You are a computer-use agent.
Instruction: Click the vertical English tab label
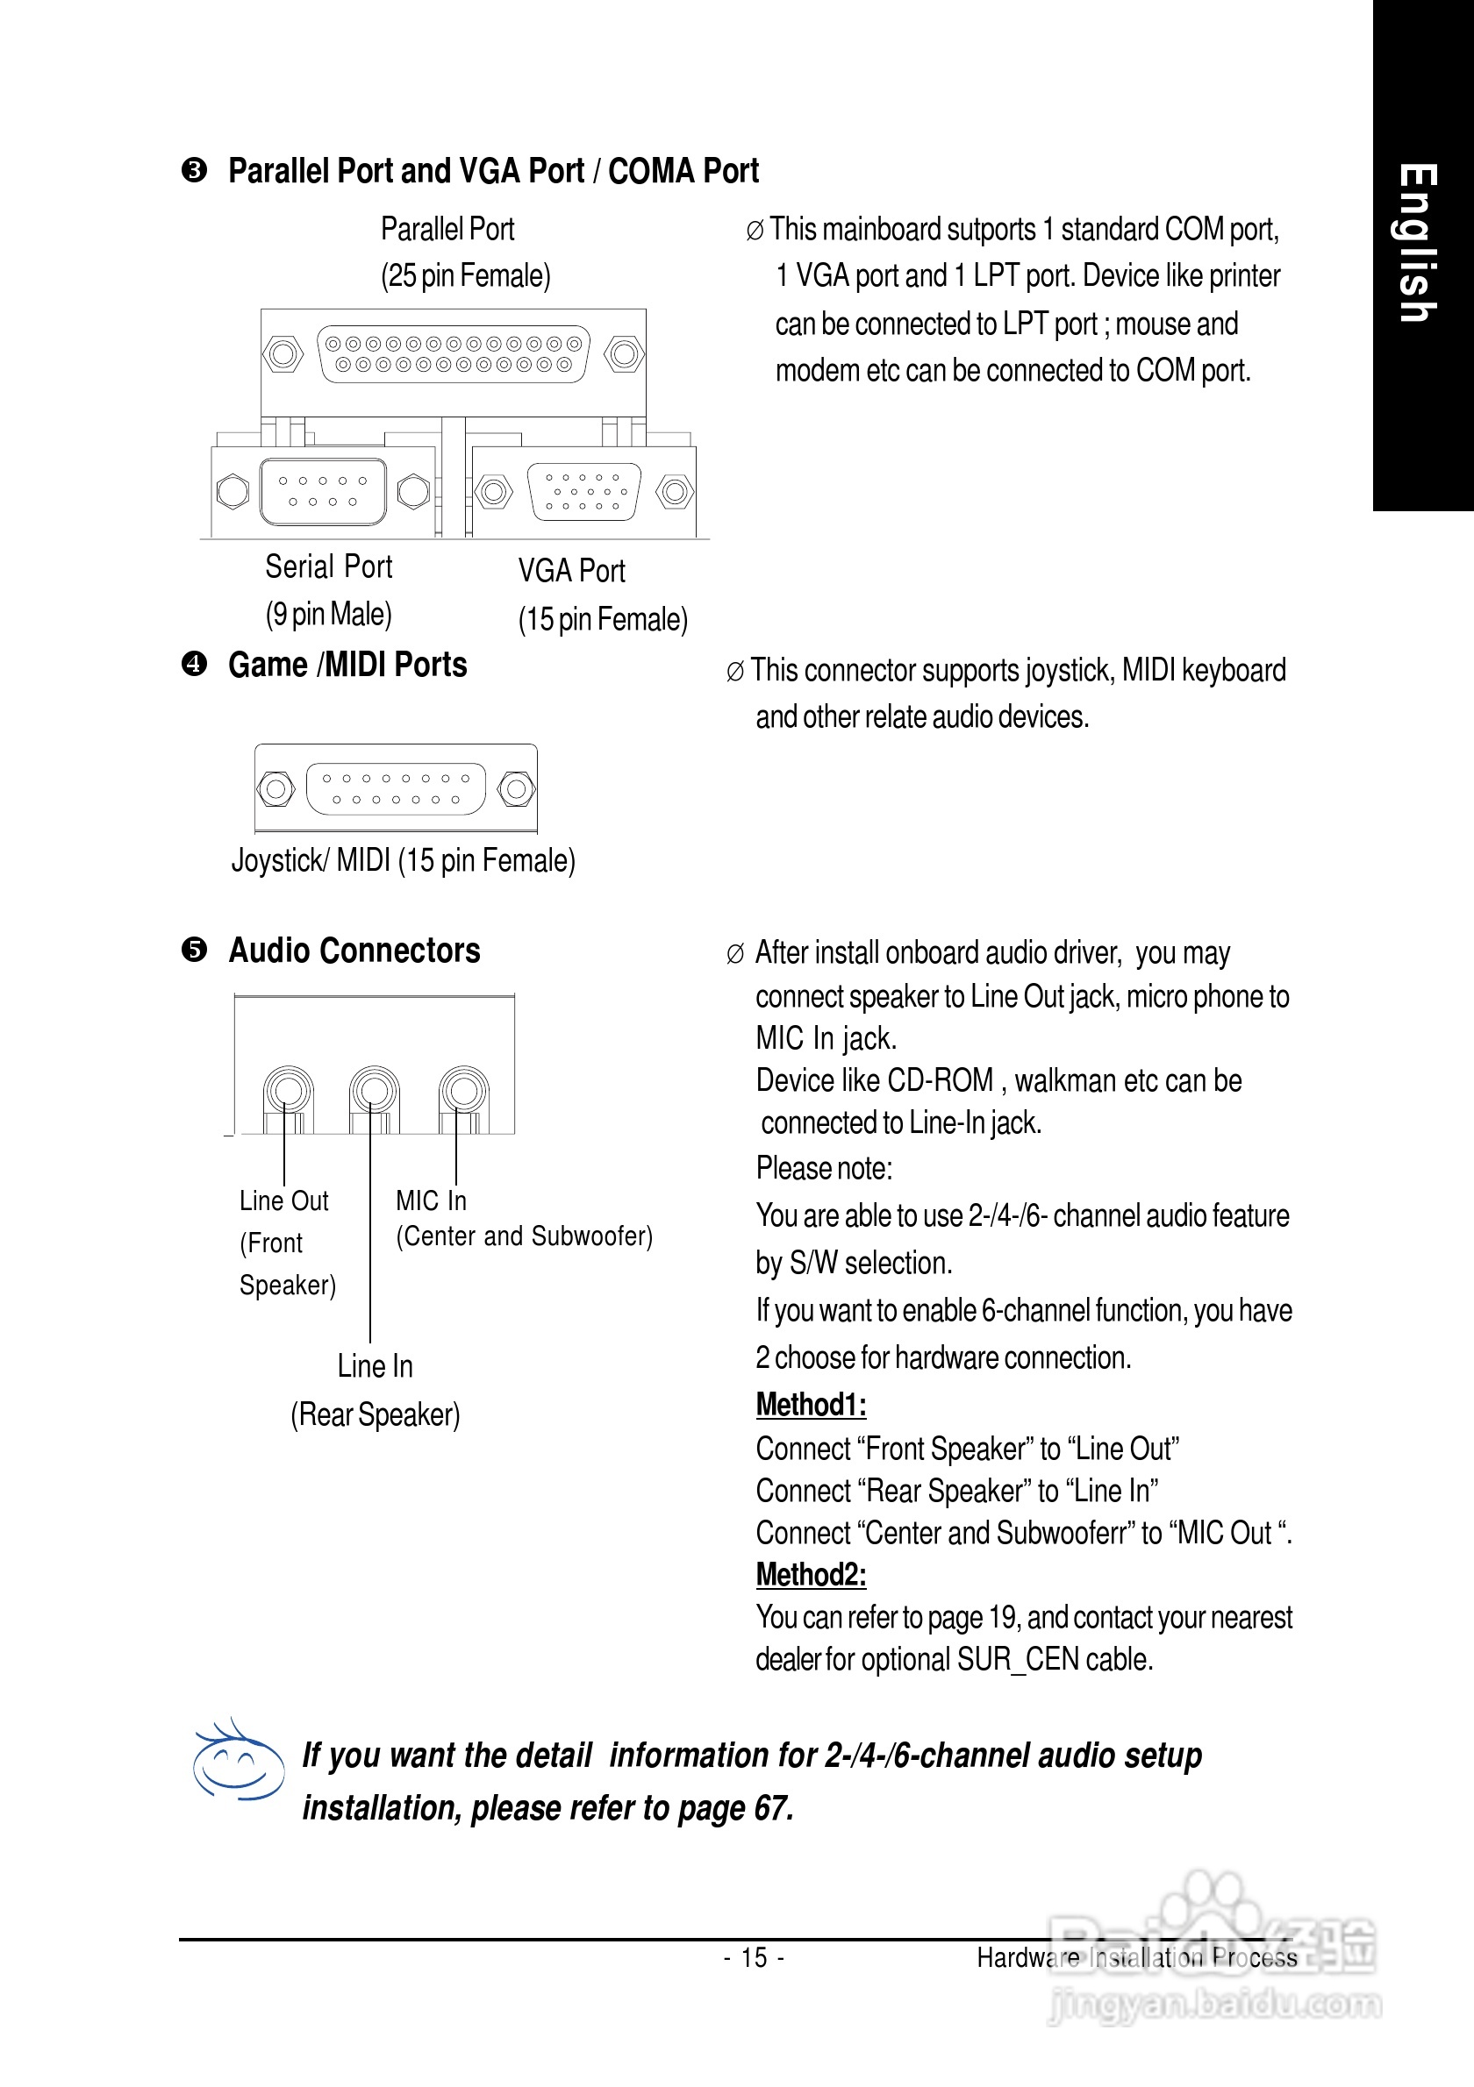click(x=1419, y=244)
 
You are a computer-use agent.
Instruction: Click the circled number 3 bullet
click(x=194, y=170)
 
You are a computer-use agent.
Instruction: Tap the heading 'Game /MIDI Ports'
click(x=347, y=665)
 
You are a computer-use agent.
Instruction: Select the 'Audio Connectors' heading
click(x=354, y=950)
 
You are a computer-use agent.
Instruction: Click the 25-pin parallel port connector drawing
click(x=453, y=354)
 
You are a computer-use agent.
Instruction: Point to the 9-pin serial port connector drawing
click(x=323, y=492)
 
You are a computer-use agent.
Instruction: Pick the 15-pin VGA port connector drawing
click(x=584, y=492)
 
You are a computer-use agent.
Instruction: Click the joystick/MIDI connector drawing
click(x=396, y=788)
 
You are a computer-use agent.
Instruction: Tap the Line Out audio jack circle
click(x=288, y=1090)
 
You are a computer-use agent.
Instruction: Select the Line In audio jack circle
click(x=374, y=1090)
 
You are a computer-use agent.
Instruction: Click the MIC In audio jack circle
click(x=463, y=1090)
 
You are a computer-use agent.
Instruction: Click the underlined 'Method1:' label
click(x=810, y=1405)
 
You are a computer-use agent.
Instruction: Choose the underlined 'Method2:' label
click(x=810, y=1574)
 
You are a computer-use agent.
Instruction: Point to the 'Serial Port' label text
click(x=328, y=566)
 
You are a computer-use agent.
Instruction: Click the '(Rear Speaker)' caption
click(x=375, y=1414)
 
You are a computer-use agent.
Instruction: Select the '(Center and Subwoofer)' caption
click(x=524, y=1236)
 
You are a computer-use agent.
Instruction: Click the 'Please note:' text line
click(x=823, y=1168)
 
